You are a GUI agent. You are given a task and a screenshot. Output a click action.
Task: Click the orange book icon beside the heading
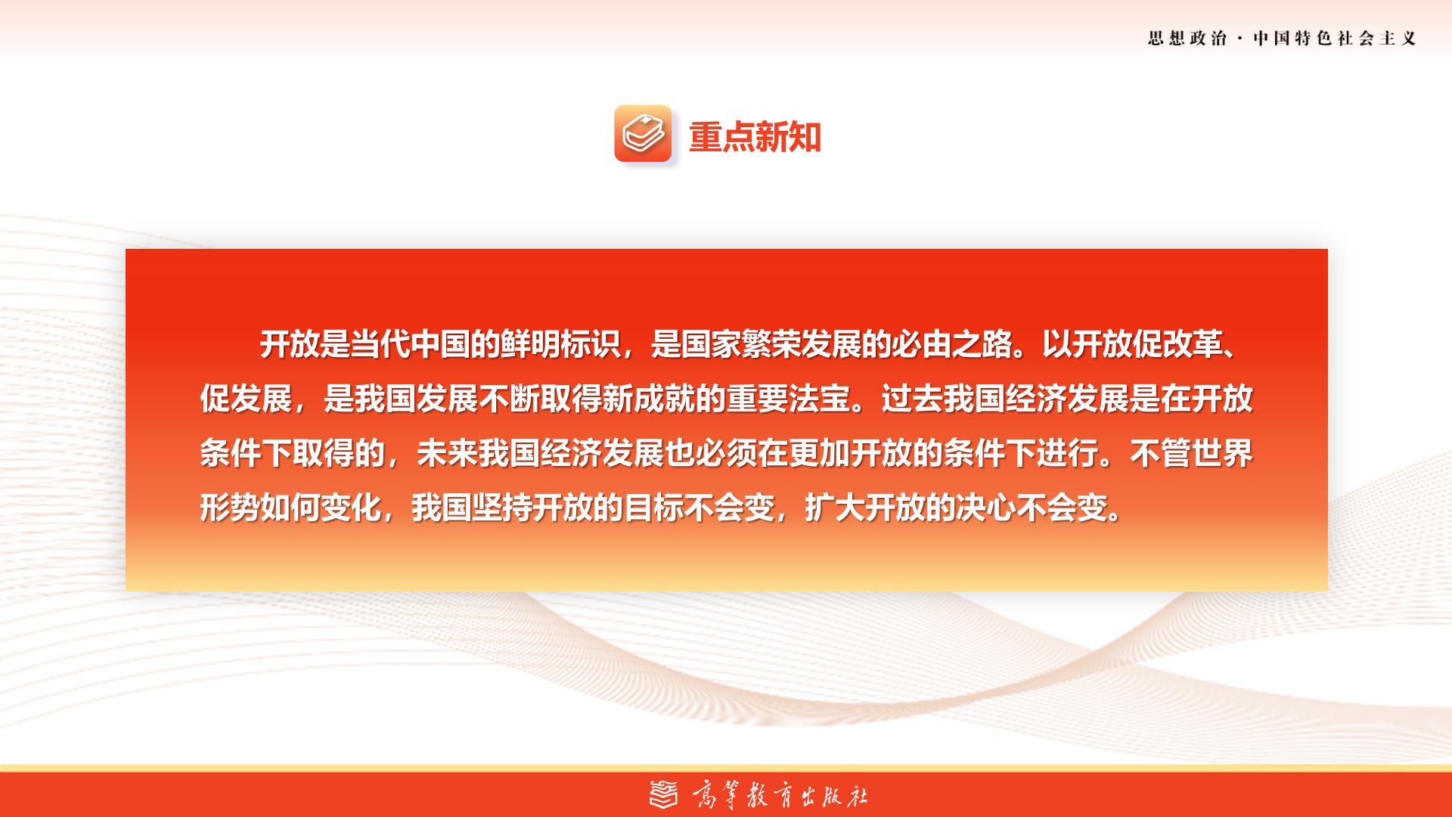[643, 133]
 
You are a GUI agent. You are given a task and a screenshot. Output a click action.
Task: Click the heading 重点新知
[755, 137]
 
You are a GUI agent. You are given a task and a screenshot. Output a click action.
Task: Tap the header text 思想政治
[1187, 39]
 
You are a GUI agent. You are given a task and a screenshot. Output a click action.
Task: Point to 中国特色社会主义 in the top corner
[1335, 39]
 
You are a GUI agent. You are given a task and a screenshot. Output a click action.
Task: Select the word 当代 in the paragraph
[383, 345]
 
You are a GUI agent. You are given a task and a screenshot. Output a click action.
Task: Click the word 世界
[1223, 453]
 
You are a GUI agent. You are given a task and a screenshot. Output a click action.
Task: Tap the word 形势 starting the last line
[230, 508]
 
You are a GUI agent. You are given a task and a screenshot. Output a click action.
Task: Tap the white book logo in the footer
[665, 794]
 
